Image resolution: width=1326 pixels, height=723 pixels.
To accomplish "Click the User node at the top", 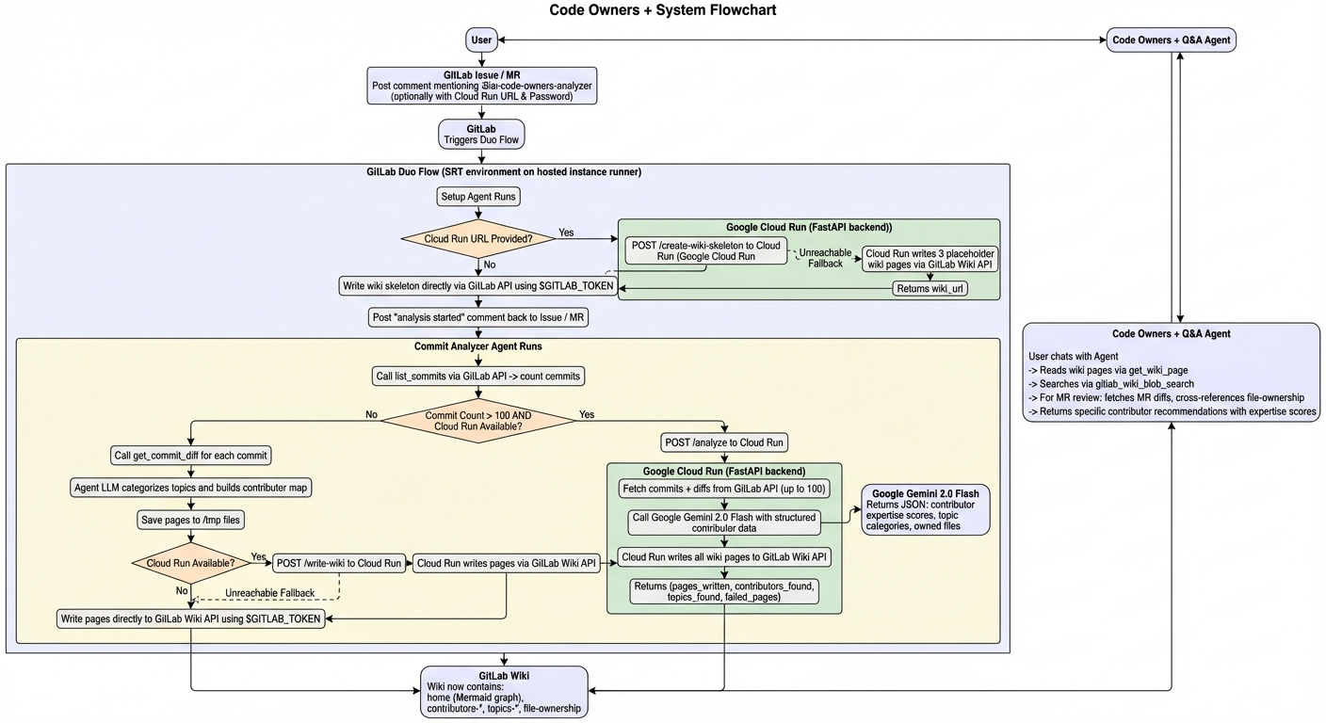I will tap(481, 40).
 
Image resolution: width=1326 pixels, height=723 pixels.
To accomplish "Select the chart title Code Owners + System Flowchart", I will tap(662, 10).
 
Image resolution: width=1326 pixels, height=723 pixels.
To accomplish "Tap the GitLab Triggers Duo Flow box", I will tap(481, 135).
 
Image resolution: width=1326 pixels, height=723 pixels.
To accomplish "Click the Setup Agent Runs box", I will tap(479, 197).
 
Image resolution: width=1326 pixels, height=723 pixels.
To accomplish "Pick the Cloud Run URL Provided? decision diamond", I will tap(478, 239).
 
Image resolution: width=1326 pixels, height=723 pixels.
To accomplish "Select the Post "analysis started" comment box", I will tap(478, 318).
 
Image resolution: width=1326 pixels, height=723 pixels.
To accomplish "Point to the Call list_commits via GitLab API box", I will tap(478, 377).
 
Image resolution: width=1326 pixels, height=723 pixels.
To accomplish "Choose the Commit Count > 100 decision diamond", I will tap(479, 420).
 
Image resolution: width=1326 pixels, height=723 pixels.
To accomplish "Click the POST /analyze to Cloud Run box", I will tap(724, 442).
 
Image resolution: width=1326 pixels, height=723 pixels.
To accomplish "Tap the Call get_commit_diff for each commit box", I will tap(191, 456).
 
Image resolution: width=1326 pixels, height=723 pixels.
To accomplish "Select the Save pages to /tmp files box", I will tap(191, 519).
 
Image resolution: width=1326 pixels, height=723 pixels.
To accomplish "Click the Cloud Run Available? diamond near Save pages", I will tap(191, 563).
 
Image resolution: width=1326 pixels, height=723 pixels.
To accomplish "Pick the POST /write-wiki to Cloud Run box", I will tap(340, 563).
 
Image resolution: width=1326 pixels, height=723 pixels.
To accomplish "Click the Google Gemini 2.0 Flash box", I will tap(926, 510).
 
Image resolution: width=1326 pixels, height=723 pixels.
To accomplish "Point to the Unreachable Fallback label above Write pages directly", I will tap(269, 592).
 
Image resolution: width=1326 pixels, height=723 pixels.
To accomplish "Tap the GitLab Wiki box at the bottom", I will tap(504, 692).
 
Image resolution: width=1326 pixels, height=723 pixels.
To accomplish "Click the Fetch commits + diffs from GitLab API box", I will tap(723, 489).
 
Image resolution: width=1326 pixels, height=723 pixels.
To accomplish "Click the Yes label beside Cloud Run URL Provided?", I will tap(566, 232).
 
